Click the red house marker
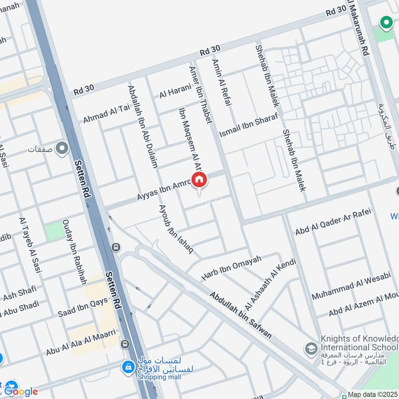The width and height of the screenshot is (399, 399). pos(199,180)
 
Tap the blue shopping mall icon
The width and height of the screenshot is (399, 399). pos(129,368)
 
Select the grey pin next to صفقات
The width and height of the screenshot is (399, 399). pos(62,149)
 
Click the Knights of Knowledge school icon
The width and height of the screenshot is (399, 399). pos(311,348)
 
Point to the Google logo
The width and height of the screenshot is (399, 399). pos(21,392)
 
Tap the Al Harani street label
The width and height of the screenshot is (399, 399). pos(175,91)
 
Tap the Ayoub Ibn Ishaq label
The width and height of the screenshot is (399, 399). pos(176,228)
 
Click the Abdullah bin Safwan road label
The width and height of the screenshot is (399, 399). pos(241,315)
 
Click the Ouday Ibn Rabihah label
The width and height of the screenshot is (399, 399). pos(74,251)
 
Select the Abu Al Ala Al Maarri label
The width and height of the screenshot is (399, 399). pos(81,342)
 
